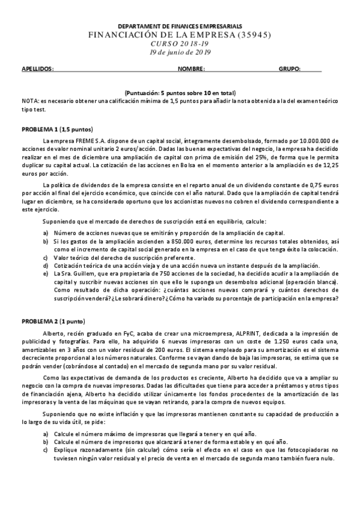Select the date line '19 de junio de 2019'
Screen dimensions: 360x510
click(180, 52)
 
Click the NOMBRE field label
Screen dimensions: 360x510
click(191, 69)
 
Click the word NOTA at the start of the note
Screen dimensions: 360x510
click(29, 101)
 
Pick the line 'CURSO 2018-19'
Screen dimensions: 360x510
click(180, 44)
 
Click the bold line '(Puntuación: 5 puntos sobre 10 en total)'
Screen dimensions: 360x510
click(180, 93)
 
